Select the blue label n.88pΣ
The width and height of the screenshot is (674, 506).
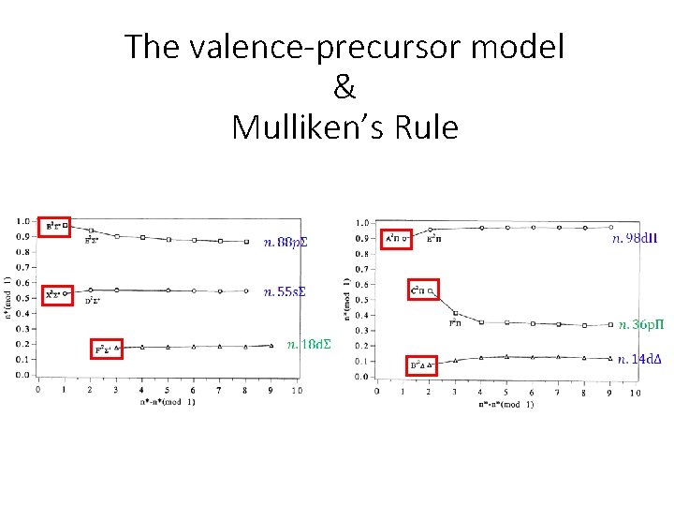[x=286, y=243]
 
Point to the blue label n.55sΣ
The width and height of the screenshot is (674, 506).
[x=285, y=291]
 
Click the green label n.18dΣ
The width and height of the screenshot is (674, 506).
[x=309, y=344]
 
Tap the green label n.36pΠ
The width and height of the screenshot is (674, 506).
[x=639, y=325]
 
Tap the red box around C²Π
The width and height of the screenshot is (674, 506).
[x=423, y=291]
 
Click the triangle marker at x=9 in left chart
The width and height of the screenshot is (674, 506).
[x=271, y=345]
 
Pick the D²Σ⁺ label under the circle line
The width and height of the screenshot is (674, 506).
[x=93, y=302]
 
